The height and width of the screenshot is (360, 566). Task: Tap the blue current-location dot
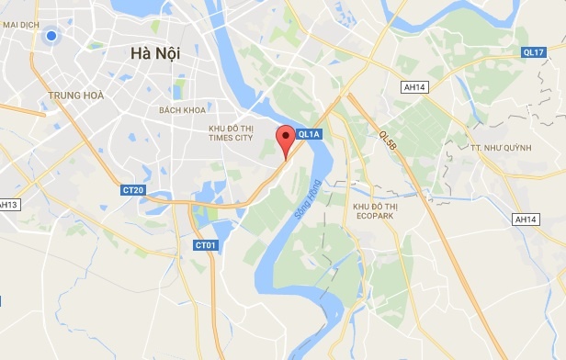click(51, 36)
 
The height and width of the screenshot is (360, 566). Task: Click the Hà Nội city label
click(155, 54)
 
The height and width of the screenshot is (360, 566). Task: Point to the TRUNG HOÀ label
click(75, 95)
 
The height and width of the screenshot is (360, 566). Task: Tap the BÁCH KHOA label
click(180, 110)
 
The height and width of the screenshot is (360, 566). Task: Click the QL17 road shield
click(535, 51)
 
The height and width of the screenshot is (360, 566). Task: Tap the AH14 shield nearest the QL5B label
click(415, 86)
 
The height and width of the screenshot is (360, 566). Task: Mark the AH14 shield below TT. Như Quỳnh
click(526, 219)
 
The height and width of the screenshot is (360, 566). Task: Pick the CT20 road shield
click(132, 190)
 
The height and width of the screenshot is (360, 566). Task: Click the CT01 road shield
click(206, 245)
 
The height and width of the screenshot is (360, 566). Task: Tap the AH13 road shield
click(8, 204)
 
